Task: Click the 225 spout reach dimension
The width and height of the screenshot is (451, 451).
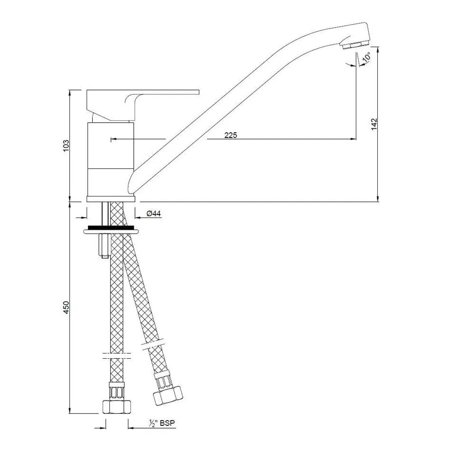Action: coord(231,135)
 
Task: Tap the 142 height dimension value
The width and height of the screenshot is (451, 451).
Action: coord(373,124)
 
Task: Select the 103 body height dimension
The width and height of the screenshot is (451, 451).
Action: coord(66,146)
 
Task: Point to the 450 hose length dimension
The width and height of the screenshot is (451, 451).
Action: coord(66,307)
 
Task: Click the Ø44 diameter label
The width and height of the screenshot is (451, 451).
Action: coord(154,214)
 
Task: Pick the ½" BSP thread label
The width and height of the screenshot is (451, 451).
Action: coord(162,423)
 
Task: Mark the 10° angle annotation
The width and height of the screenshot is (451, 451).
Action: coord(366,57)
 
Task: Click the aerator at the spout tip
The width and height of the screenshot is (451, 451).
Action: coord(355,45)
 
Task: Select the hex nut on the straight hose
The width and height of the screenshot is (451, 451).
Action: coord(117,406)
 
